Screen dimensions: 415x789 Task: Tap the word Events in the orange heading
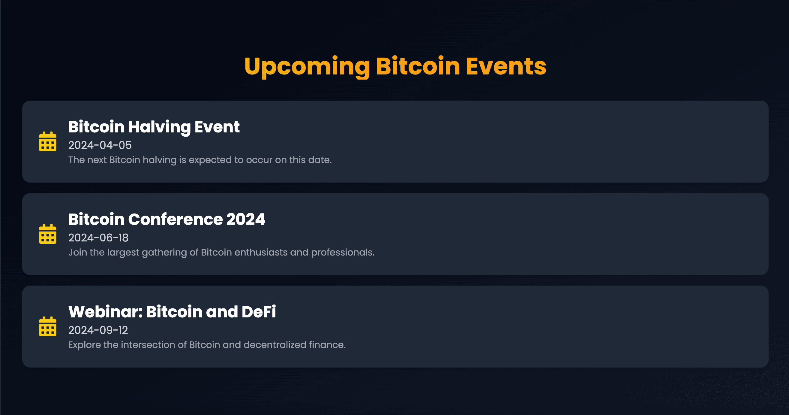(x=506, y=66)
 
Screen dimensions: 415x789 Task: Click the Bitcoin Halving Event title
(x=154, y=127)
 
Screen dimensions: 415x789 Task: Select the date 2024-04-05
(x=100, y=145)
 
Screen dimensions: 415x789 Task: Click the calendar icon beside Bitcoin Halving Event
(x=47, y=142)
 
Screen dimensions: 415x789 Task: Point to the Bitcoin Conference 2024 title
(x=166, y=220)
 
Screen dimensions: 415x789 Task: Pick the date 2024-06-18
(x=98, y=238)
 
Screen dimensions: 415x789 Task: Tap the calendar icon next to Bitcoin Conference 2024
(x=47, y=234)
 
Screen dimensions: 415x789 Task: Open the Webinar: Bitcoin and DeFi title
(x=172, y=312)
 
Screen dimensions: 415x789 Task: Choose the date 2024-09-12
(x=98, y=330)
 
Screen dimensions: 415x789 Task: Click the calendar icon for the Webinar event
(x=47, y=327)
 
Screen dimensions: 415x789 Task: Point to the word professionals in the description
(x=342, y=253)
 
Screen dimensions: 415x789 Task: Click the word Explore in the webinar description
(x=85, y=345)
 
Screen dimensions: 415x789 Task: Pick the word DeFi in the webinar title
(x=259, y=312)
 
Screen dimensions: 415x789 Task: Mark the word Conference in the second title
(x=175, y=220)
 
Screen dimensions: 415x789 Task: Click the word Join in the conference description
(x=77, y=253)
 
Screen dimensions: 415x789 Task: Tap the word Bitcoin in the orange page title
(x=418, y=66)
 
